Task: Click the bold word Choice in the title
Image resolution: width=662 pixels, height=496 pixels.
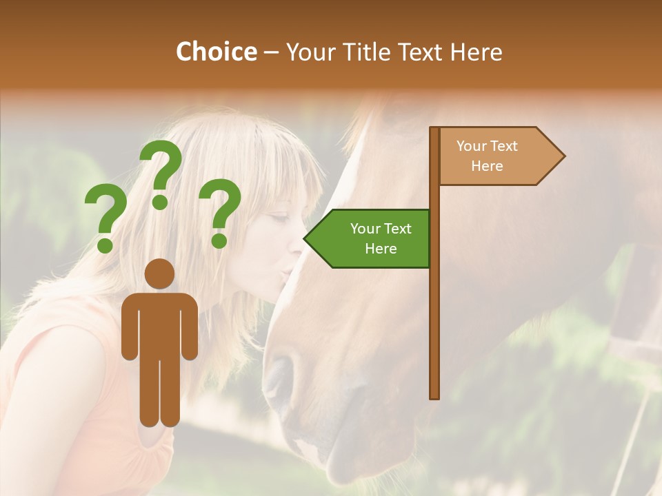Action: click(x=216, y=52)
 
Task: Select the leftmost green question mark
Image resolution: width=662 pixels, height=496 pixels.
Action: click(x=106, y=218)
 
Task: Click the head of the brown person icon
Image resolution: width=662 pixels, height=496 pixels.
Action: click(x=160, y=274)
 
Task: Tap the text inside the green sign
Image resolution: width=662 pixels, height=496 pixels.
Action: click(x=381, y=238)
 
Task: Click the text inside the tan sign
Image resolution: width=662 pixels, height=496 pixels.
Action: click(x=487, y=156)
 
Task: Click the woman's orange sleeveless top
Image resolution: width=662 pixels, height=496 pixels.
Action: click(x=83, y=386)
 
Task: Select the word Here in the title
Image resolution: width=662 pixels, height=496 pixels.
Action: click(x=476, y=52)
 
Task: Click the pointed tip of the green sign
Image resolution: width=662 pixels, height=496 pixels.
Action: click(x=305, y=239)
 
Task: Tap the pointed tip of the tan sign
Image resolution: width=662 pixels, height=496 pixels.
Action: click(x=563, y=156)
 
